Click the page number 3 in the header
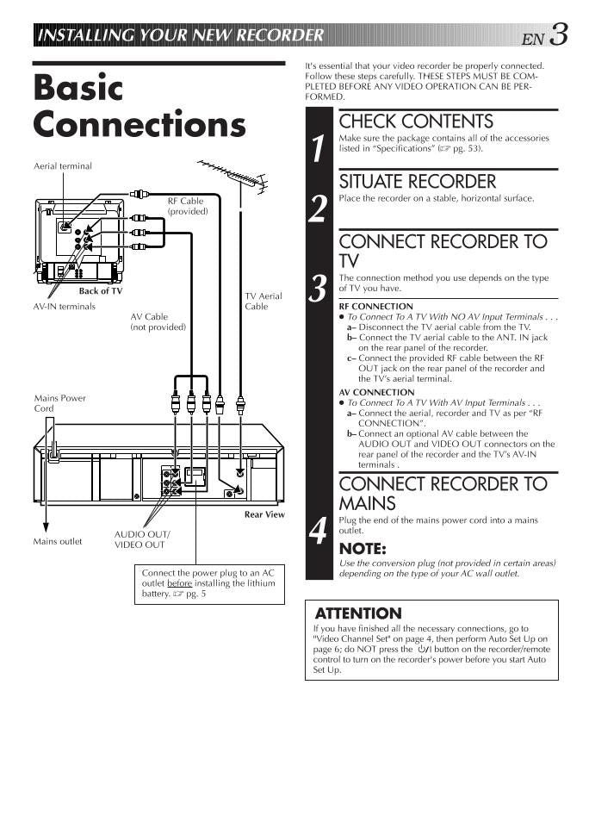point(559,34)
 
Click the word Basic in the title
point(78,88)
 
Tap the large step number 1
point(319,148)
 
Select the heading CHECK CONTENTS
point(416,121)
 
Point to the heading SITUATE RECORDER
point(418,182)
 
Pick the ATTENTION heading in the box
point(358,613)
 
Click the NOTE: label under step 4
point(363,549)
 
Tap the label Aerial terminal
point(62,166)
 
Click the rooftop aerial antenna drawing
point(232,175)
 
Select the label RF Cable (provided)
point(187,206)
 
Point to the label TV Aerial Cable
point(263,301)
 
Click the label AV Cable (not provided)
point(158,321)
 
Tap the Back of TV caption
point(100,290)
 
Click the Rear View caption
point(264,514)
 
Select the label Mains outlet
point(58,541)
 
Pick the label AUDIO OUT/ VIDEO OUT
point(141,539)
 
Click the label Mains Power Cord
point(59,403)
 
